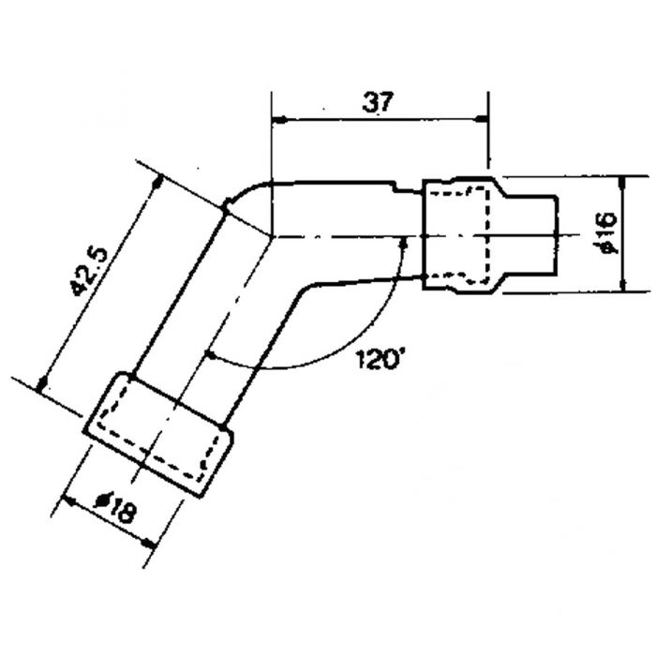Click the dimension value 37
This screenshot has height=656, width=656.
(378, 102)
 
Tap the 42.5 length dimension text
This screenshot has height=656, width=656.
(89, 272)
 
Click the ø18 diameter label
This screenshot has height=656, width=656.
(116, 507)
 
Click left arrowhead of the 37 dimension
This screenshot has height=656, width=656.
(278, 120)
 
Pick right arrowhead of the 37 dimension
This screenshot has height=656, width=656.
(482, 120)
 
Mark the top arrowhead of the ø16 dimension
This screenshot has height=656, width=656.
(622, 183)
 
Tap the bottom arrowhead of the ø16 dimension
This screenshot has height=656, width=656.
(623, 285)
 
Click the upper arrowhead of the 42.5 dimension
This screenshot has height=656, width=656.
(157, 183)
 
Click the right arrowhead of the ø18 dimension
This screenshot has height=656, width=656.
(148, 543)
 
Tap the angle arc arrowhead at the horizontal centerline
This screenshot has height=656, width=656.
(404, 244)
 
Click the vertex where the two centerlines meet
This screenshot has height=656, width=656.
(272, 237)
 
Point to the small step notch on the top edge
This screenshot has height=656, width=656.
(395, 186)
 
